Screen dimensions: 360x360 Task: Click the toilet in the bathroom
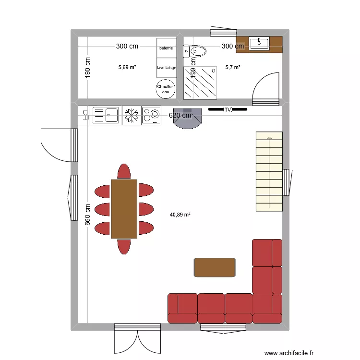(x=196, y=50)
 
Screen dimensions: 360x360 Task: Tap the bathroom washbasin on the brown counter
(x=259, y=43)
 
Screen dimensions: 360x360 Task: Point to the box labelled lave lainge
(x=167, y=68)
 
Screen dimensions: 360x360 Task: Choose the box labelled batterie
(x=167, y=48)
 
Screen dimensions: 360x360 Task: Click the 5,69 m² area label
(x=127, y=68)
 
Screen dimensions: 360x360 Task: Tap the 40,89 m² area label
(x=180, y=215)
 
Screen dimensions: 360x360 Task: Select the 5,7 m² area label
(x=233, y=68)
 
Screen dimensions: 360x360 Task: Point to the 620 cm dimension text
(x=180, y=115)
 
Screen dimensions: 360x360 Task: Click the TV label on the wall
(x=228, y=110)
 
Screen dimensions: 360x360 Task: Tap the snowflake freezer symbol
(x=132, y=115)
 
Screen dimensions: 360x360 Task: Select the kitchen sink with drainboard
(x=105, y=115)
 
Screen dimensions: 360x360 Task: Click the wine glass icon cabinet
(x=84, y=115)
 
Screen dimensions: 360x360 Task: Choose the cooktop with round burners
(x=152, y=115)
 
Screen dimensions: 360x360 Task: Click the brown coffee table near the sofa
(x=215, y=267)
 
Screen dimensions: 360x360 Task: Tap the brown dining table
(x=124, y=209)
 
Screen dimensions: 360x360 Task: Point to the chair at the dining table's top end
(x=124, y=171)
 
